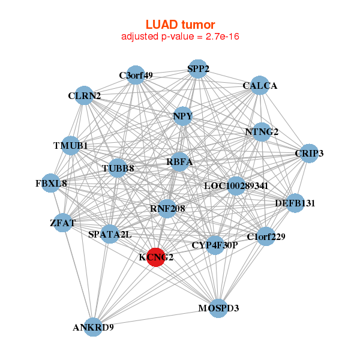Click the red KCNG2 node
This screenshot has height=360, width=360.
pos(156,257)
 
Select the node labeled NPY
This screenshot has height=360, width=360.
pos(182,116)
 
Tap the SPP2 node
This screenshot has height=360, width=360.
pos(198,69)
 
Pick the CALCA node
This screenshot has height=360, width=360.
pos(260,86)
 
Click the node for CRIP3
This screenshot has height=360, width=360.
pos(309,154)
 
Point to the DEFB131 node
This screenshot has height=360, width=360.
pos(295,203)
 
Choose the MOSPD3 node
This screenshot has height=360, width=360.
pos(218,308)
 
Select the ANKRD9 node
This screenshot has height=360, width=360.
pos(93,327)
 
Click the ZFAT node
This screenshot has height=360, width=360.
pos(63,223)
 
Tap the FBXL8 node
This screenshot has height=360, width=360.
pos(51,183)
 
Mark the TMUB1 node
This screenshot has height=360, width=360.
pos(71,146)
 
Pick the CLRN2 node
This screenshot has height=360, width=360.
pos(85,95)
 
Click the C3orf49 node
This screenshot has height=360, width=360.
pos(136,75)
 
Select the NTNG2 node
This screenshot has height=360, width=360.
pos(262,132)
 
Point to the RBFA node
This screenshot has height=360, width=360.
pos(179,161)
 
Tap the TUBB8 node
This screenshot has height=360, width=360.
pos(118,169)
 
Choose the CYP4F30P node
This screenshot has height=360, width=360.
pos(215,245)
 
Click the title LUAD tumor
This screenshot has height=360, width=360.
pos(180,25)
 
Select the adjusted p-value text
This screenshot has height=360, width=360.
pos(181,37)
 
